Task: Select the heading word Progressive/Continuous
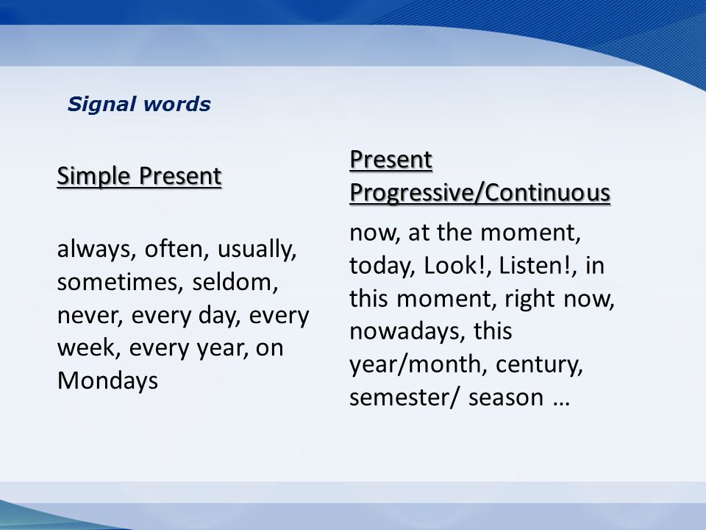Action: pyautogui.click(x=479, y=193)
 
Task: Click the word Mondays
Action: pyautogui.click(x=107, y=381)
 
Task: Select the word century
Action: pyautogui.click(x=539, y=365)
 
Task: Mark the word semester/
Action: pyautogui.click(x=404, y=398)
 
